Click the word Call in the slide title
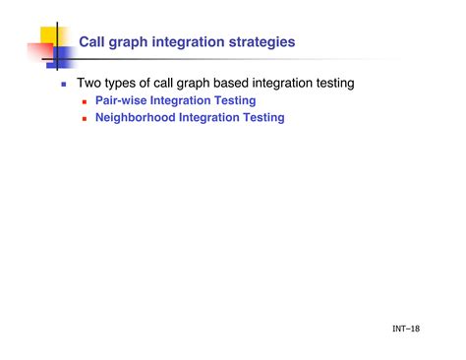pos(93,42)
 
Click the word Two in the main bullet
pos(90,84)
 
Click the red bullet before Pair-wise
pos(86,101)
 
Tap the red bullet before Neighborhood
pos(86,118)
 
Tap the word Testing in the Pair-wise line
pos(234,101)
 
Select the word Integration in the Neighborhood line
pos(210,118)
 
